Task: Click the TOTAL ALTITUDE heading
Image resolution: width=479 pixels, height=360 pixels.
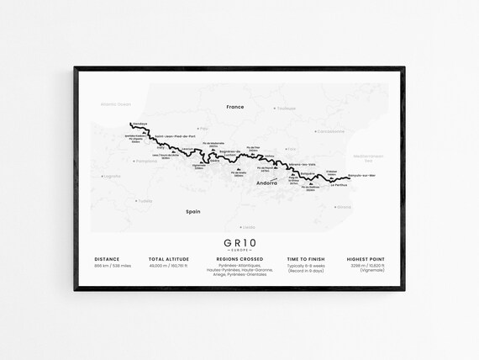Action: coord(169,258)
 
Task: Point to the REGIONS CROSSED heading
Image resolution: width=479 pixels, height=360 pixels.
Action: coord(239,258)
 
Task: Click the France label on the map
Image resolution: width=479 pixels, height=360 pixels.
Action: coord(234,107)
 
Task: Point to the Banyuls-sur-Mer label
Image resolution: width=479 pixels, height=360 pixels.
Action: coord(361,175)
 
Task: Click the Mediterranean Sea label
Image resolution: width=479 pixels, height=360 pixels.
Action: coord(367,157)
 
